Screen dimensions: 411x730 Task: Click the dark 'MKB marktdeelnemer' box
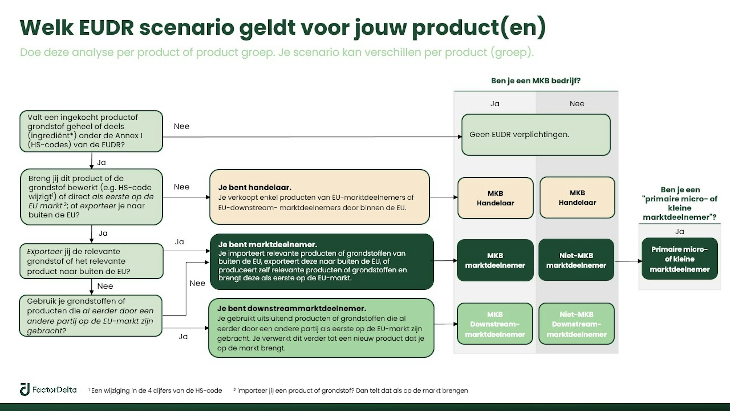(x=495, y=260)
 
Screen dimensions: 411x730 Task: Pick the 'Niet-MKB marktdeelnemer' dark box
(x=576, y=260)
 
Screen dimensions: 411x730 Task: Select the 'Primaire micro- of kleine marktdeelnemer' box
(x=680, y=259)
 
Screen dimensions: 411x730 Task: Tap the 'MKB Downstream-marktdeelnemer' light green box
(x=495, y=324)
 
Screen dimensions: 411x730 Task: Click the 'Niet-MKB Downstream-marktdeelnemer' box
(x=576, y=324)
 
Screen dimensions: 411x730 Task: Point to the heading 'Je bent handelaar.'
(x=255, y=187)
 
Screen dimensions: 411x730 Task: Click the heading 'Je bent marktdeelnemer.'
(x=267, y=245)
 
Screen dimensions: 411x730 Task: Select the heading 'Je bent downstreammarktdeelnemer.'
(x=292, y=308)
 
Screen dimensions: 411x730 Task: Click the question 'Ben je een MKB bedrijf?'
(x=536, y=81)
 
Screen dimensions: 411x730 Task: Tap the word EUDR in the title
(x=106, y=28)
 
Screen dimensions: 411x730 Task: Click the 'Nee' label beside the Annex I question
(x=181, y=126)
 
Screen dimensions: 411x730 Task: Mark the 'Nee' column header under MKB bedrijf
(x=577, y=104)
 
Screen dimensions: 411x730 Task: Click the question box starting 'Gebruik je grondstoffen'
(x=91, y=316)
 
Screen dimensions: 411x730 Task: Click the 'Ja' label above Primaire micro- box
(x=679, y=231)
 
